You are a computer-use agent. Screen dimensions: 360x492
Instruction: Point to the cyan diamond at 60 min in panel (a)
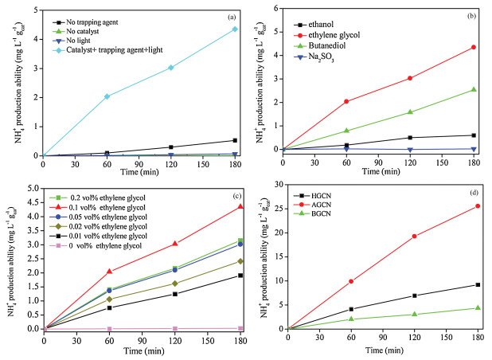pos(107,96)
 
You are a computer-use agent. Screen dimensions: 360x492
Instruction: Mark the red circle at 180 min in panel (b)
pos(474,47)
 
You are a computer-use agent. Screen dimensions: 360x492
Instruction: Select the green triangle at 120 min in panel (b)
pos(410,112)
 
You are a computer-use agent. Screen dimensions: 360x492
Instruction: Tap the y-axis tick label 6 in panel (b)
pos(275,9)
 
